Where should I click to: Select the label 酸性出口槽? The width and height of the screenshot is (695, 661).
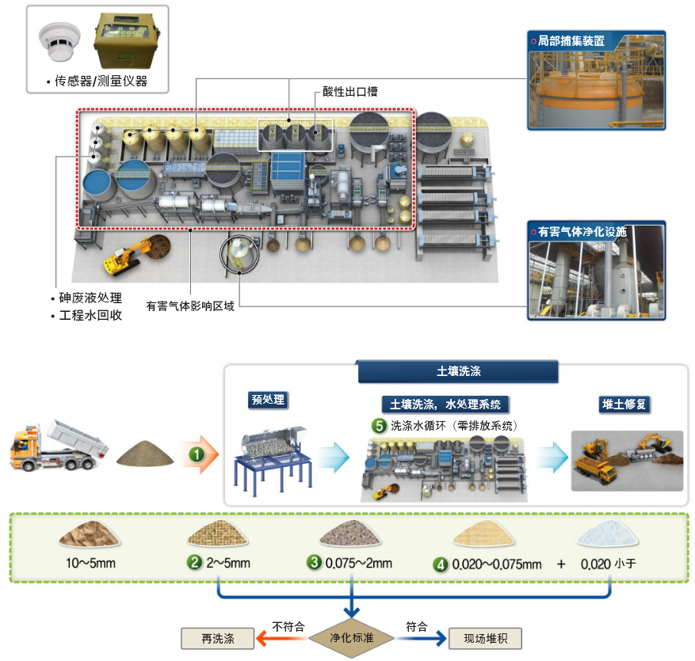[350, 92]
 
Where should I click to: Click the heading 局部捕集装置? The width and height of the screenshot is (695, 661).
[571, 41]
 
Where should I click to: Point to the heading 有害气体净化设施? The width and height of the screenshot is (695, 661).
[582, 232]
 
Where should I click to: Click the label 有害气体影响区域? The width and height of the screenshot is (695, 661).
[190, 306]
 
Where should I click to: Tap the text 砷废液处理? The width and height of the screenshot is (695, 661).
[90, 298]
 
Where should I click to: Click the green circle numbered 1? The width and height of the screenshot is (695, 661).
[197, 454]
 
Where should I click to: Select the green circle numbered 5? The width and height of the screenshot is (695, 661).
[379, 425]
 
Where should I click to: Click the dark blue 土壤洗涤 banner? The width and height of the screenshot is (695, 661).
[458, 371]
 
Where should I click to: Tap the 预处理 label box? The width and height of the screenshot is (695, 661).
[268, 400]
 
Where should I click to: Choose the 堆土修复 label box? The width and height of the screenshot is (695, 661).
[624, 405]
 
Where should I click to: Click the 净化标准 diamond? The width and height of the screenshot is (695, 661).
[352, 637]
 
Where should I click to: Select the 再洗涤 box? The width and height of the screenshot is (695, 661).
[218, 638]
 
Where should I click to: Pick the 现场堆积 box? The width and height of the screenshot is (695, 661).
[485, 638]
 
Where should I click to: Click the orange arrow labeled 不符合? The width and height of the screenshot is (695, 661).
[282, 638]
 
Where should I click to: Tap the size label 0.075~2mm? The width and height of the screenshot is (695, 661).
[358, 563]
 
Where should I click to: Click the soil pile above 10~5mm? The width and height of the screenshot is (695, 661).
[90, 534]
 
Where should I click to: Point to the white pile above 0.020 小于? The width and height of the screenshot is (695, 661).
[607, 534]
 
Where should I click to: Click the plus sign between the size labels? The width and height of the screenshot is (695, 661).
[561, 564]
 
